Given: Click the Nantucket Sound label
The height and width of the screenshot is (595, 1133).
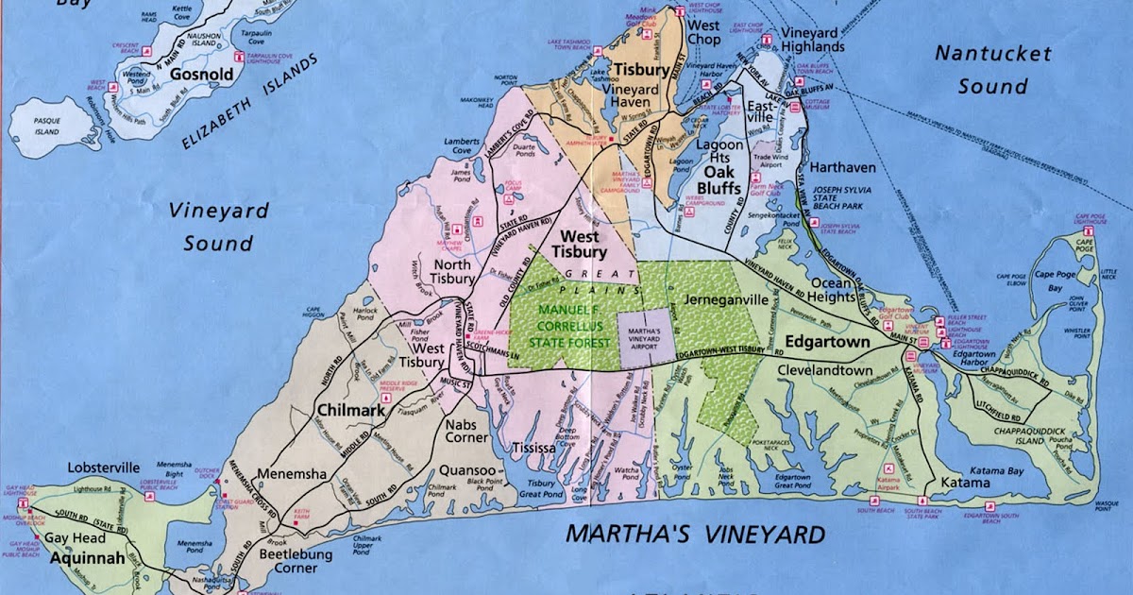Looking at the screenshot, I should pos(981,69).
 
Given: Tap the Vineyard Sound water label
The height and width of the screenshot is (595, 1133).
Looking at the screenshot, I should pos(218,227).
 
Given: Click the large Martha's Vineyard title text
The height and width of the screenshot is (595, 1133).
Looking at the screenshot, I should pos(695,535).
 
